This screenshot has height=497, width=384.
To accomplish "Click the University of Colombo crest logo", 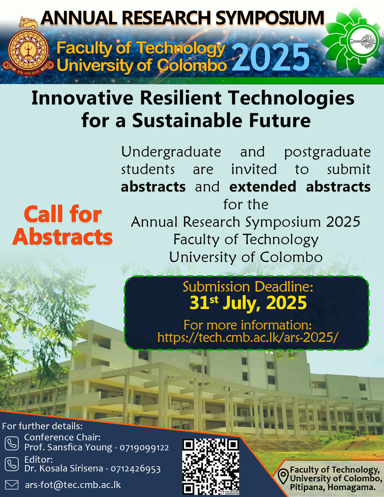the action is pyautogui.click(x=28, y=46).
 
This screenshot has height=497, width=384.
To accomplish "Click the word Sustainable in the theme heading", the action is pyautogui.click(x=187, y=120).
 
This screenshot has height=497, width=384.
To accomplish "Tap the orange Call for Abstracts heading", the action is pyautogui.click(x=62, y=225).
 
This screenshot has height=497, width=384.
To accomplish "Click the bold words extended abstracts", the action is pyautogui.click(x=300, y=187).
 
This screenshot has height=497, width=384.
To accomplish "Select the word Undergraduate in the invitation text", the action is pyautogui.click(x=171, y=152).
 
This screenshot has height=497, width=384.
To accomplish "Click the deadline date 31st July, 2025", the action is pyautogui.click(x=248, y=303).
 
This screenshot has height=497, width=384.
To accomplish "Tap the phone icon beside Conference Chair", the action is pyautogui.click(x=12, y=443).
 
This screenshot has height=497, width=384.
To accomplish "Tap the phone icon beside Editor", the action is pyautogui.click(x=12, y=464).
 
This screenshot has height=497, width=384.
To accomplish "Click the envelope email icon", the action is pyautogui.click(x=12, y=485).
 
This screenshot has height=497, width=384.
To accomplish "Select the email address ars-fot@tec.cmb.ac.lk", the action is pyautogui.click(x=73, y=485).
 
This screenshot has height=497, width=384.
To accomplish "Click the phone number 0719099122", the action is pyautogui.click(x=144, y=448).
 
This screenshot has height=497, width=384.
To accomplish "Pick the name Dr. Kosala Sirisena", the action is pyautogui.click(x=64, y=468).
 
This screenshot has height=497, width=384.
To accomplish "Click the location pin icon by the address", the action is pyautogui.click(x=283, y=477).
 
